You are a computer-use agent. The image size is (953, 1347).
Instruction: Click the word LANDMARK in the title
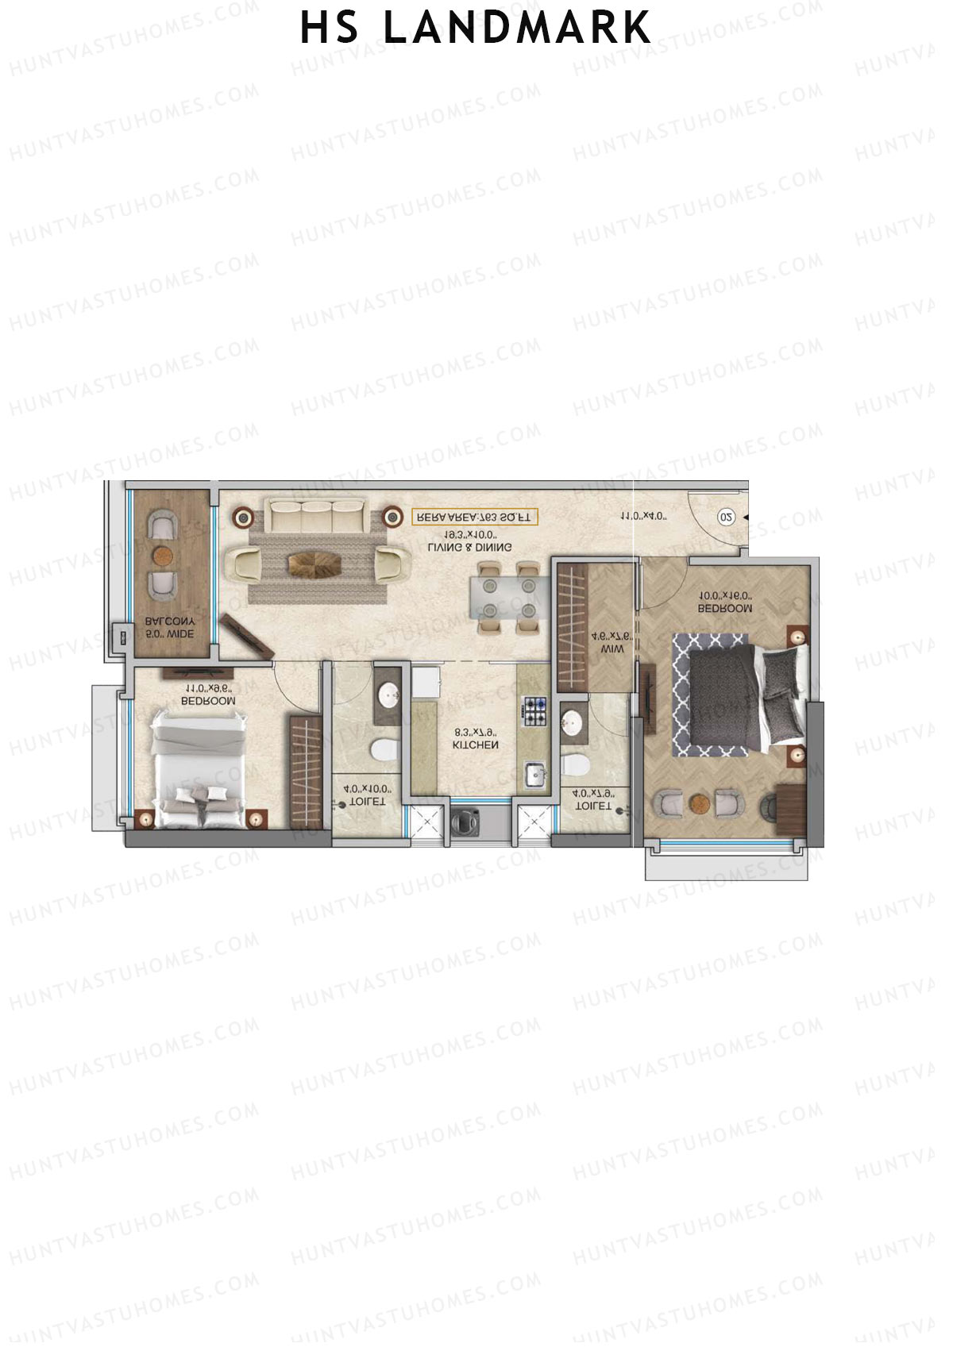pyautogui.click(x=517, y=29)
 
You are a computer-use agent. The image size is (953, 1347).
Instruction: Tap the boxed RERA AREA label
pyautogui.click(x=475, y=517)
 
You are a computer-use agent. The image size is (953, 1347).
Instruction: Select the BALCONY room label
pyautogui.click(x=170, y=622)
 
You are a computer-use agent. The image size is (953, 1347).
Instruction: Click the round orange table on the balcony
pyautogui.click(x=163, y=554)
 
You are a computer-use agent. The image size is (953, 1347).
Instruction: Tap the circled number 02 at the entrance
pyautogui.click(x=726, y=517)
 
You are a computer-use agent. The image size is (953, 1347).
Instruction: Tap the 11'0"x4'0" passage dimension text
pyautogui.click(x=643, y=517)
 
